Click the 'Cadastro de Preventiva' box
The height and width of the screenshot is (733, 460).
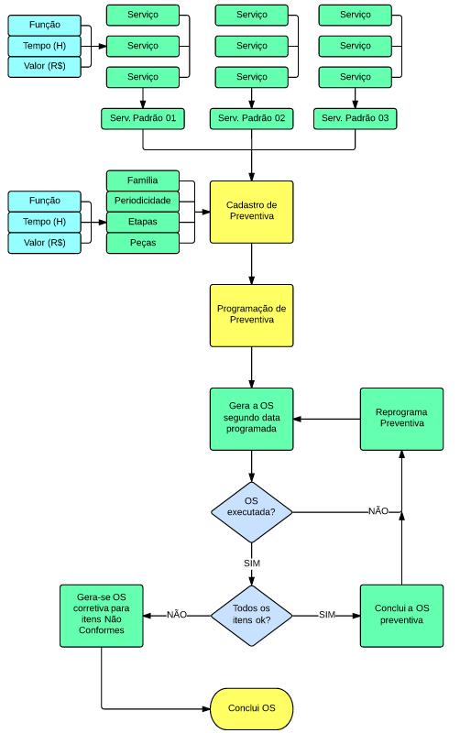click(x=251, y=213)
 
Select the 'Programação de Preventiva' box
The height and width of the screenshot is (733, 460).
click(x=251, y=315)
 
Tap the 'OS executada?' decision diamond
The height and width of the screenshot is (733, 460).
click(x=251, y=512)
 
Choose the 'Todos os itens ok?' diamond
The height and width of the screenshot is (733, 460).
click(x=251, y=616)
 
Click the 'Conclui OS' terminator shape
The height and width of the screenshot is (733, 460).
click(x=251, y=708)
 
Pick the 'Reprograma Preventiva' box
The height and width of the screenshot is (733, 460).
click(x=401, y=419)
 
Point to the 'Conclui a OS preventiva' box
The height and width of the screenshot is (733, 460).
click(x=401, y=616)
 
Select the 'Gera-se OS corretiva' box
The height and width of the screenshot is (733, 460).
click(x=102, y=616)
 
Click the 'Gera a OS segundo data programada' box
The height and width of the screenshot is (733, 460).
click(x=251, y=419)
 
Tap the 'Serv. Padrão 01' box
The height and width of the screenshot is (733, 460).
click(x=143, y=119)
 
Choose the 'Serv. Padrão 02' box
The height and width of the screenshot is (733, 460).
click(x=251, y=119)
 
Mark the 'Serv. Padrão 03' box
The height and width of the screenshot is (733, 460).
click(x=355, y=119)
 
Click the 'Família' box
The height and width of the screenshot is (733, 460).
click(x=143, y=181)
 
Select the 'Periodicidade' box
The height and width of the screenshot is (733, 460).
click(x=143, y=202)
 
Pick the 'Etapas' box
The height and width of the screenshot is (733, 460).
click(x=143, y=223)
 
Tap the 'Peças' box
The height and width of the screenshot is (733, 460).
click(x=143, y=243)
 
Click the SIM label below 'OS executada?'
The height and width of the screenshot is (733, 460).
click(x=251, y=563)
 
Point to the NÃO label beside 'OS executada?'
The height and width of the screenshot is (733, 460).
click(x=378, y=511)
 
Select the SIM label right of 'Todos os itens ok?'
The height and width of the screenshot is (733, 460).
click(x=327, y=615)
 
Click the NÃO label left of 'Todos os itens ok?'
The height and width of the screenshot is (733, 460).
click(x=177, y=615)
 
